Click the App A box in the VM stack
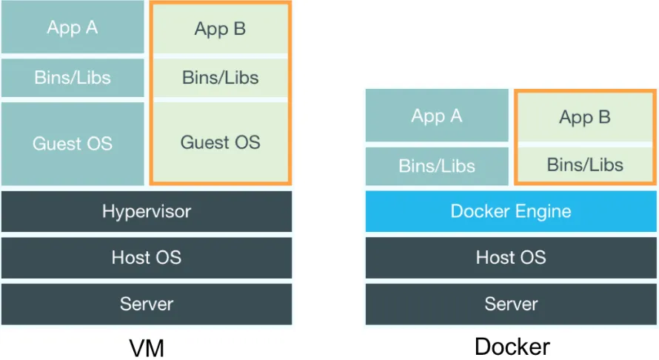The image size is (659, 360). click(73, 27)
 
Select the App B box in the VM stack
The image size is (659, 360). click(221, 30)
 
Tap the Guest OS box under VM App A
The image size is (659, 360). click(73, 143)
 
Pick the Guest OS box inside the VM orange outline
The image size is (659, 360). click(221, 142)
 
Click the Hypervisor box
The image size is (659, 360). click(147, 212)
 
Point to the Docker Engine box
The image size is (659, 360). click(511, 212)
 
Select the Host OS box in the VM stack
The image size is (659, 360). click(147, 258)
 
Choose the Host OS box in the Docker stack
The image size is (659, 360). click(511, 258)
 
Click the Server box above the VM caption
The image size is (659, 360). click(147, 304)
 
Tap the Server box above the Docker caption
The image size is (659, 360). click(511, 304)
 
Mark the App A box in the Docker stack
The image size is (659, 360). click(437, 116)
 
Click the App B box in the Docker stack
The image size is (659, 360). click(585, 118)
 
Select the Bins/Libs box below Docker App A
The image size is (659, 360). click(437, 166)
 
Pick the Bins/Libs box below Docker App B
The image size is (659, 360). click(585, 164)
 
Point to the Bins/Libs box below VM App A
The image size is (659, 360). click(73, 77)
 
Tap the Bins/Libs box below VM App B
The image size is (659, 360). click(221, 77)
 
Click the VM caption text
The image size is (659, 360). click(147, 347)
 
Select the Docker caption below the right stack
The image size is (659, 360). click(512, 347)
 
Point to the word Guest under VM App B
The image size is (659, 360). click(201, 142)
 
